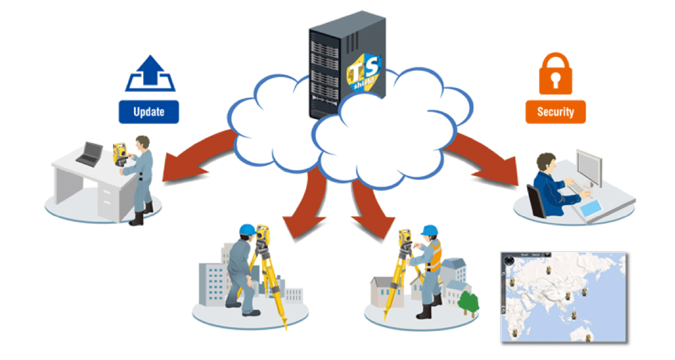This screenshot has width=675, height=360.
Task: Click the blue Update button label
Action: (x=148, y=111)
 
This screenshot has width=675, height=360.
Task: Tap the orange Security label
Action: (x=555, y=111)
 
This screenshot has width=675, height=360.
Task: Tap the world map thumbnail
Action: (x=563, y=297)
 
